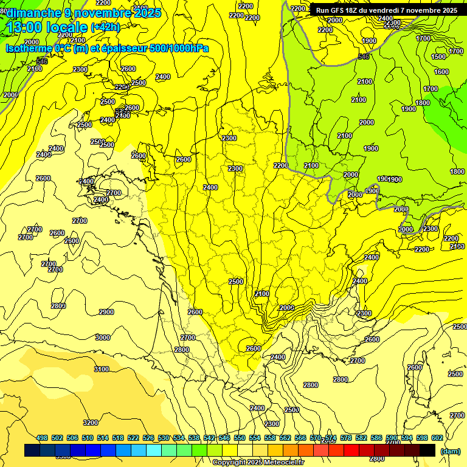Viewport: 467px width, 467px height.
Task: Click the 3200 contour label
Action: [91, 423]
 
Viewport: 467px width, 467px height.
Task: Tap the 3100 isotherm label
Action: [102, 369]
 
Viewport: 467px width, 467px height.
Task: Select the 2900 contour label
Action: [106, 312]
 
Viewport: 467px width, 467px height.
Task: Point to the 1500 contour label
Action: [438, 57]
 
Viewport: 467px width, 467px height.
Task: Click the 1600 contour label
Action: [441, 72]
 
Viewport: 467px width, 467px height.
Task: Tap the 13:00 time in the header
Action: [26, 27]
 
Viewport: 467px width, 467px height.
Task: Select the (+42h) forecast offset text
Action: [105, 27]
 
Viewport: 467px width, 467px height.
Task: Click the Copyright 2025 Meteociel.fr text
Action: [258, 462]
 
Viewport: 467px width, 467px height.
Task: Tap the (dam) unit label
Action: [450, 451]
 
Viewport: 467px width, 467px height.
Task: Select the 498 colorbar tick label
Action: [42, 438]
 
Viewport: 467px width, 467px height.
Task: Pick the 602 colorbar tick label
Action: [437, 438]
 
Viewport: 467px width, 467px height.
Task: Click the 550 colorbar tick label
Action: [240, 438]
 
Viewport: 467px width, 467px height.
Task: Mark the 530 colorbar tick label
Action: [164, 438]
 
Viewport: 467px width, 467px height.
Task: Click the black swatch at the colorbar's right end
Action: [427, 450]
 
